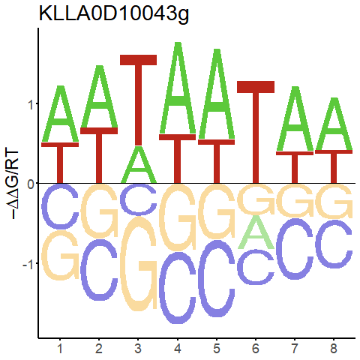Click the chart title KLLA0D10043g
(114, 14)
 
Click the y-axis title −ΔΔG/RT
(12, 184)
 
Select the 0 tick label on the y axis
(31, 184)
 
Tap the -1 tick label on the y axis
(28, 263)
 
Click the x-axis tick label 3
(138, 349)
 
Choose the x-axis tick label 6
(256, 349)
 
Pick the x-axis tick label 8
(334, 349)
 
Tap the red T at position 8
(334, 167)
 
